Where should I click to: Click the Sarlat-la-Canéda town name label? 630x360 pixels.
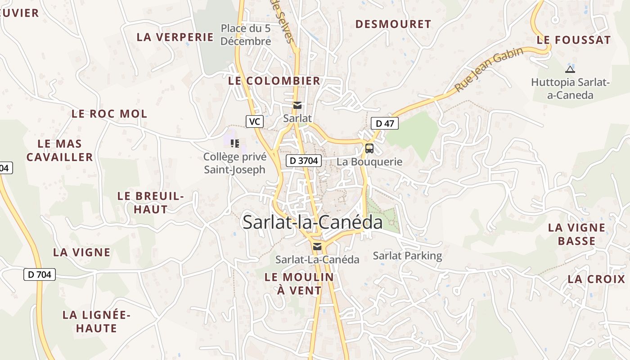point(312,222)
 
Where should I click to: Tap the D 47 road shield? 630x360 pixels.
point(385,123)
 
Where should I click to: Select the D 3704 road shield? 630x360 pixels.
point(303,160)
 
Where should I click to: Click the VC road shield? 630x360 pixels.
point(254,121)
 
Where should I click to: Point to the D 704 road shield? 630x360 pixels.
point(40,274)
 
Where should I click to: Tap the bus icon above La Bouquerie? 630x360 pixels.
point(369,148)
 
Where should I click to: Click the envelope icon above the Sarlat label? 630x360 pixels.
point(297,105)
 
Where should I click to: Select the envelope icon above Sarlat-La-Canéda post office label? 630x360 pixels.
point(317,246)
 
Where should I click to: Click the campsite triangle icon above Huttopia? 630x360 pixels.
point(570,69)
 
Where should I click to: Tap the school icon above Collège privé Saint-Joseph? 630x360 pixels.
point(234,144)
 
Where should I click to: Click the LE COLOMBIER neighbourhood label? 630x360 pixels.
point(274,81)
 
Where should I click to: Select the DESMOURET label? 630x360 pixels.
point(393,24)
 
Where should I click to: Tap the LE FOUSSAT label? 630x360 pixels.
point(574,40)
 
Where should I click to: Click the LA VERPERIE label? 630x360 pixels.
point(175,37)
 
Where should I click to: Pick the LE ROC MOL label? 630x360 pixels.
point(109,114)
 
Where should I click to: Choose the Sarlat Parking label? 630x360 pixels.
point(407,256)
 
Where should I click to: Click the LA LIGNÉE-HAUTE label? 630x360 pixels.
point(96,321)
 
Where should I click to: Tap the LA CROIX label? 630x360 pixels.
point(596,279)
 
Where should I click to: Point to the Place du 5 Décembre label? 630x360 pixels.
point(246,35)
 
